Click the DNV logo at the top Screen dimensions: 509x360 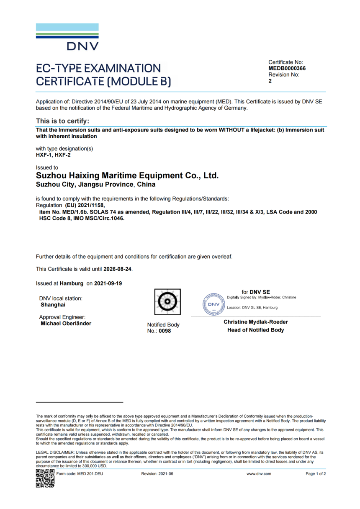pos(67,37)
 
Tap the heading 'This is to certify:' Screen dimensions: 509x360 pos(62,121)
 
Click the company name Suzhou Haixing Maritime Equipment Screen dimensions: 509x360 pos(127,176)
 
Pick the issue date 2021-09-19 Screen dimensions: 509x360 pos(108,283)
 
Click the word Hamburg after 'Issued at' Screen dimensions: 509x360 pos(72,283)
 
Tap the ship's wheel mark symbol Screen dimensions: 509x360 pos(167,301)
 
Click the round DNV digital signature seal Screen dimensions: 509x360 pos(213,304)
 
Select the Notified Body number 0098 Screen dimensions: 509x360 pos(165,331)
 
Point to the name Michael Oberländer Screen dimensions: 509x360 pos(66,324)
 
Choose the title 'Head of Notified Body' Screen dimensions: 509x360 pos(255,330)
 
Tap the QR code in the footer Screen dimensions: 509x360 pos(45,478)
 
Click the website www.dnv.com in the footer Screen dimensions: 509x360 pos(259,474)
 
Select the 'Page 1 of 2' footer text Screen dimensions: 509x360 pos(316,474)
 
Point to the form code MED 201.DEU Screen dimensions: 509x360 pos(80,474)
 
